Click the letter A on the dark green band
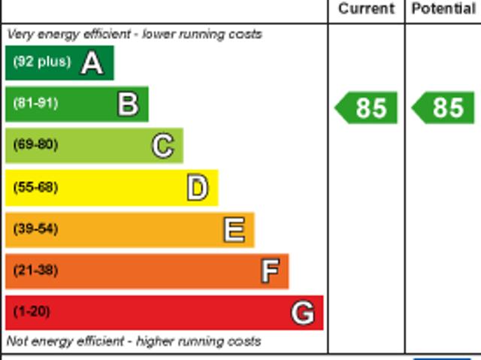click(x=92, y=63)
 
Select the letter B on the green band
click(x=128, y=104)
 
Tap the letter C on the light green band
click(x=162, y=146)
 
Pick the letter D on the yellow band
click(x=197, y=188)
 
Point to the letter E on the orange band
click(x=234, y=230)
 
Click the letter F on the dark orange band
click(x=269, y=271)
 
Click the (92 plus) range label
click(x=42, y=62)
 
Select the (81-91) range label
click(x=35, y=104)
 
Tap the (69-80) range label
click(x=35, y=145)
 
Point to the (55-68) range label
click(x=35, y=187)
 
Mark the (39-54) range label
click(x=35, y=228)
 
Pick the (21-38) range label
click(x=35, y=270)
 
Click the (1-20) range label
click(x=32, y=311)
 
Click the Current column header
click(x=366, y=9)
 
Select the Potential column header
click(x=443, y=9)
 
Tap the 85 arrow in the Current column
click(x=367, y=108)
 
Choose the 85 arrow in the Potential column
click(x=444, y=108)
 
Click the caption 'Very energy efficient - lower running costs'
click(x=135, y=34)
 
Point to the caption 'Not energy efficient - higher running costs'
click(x=134, y=341)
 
